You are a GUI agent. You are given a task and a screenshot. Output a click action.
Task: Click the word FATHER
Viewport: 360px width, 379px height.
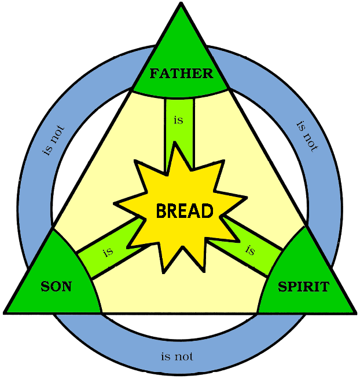181,74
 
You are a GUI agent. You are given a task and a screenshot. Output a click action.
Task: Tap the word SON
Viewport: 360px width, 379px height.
56,286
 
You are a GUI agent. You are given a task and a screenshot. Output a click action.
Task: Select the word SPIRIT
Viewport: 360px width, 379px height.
303,286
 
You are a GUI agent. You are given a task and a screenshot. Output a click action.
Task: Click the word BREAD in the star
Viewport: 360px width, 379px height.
185,211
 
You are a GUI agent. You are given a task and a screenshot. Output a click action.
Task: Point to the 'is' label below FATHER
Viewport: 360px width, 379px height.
179,121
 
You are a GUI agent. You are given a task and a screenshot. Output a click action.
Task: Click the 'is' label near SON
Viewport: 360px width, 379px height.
107,252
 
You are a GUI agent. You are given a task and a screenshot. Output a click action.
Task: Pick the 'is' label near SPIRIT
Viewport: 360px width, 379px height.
250,250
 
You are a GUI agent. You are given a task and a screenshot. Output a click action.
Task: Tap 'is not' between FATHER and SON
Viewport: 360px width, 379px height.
53,140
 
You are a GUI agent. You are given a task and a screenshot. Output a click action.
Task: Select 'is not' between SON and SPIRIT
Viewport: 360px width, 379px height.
177,356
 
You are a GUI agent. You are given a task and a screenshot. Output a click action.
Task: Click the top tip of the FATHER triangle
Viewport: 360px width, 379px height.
181,4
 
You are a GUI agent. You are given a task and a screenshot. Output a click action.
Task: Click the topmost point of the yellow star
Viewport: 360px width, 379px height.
178,143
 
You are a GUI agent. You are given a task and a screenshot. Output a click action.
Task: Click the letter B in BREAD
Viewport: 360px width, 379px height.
161,211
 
